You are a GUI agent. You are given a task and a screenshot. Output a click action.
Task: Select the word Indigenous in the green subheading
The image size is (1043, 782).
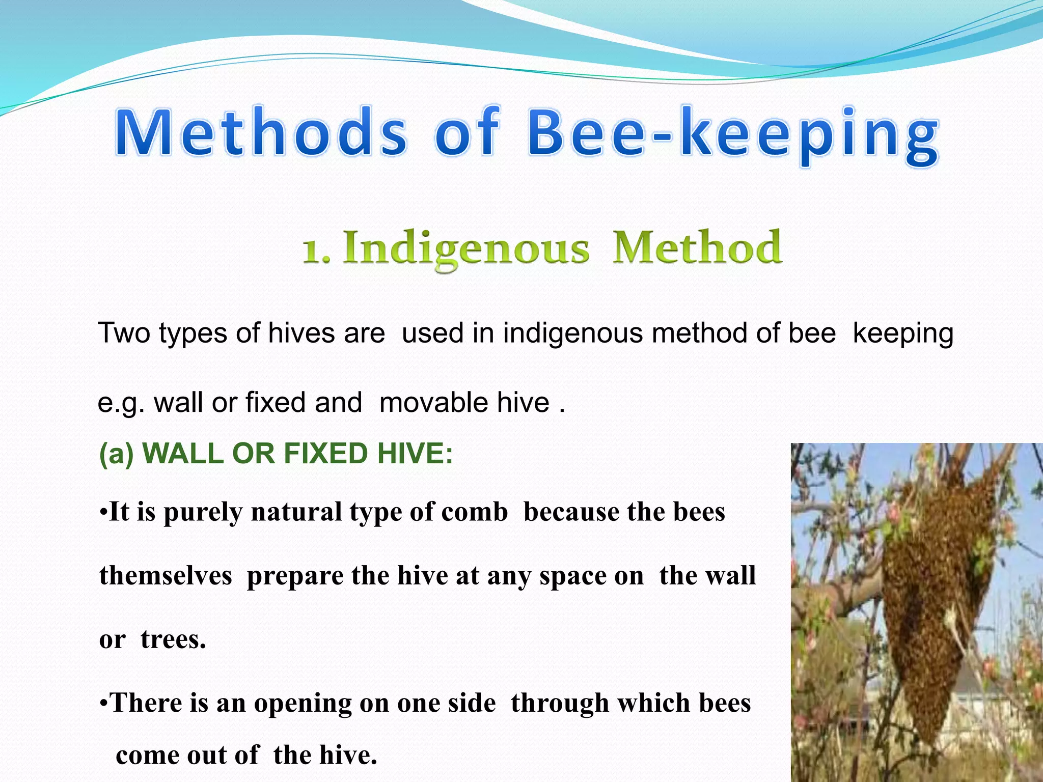(465, 248)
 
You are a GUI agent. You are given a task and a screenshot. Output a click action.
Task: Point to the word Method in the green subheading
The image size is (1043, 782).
(696, 247)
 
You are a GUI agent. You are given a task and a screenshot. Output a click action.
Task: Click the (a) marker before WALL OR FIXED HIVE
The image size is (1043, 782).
(116, 454)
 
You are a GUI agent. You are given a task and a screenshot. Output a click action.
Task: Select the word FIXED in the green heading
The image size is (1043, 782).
(325, 453)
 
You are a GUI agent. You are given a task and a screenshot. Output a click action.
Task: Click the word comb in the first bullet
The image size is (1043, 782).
(474, 512)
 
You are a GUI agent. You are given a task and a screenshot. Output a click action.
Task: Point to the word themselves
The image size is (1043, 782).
(166, 576)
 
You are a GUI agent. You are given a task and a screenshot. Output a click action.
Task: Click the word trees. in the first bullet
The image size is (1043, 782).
(173, 639)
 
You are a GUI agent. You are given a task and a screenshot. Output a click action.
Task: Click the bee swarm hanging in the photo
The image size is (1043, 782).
(937, 585)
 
